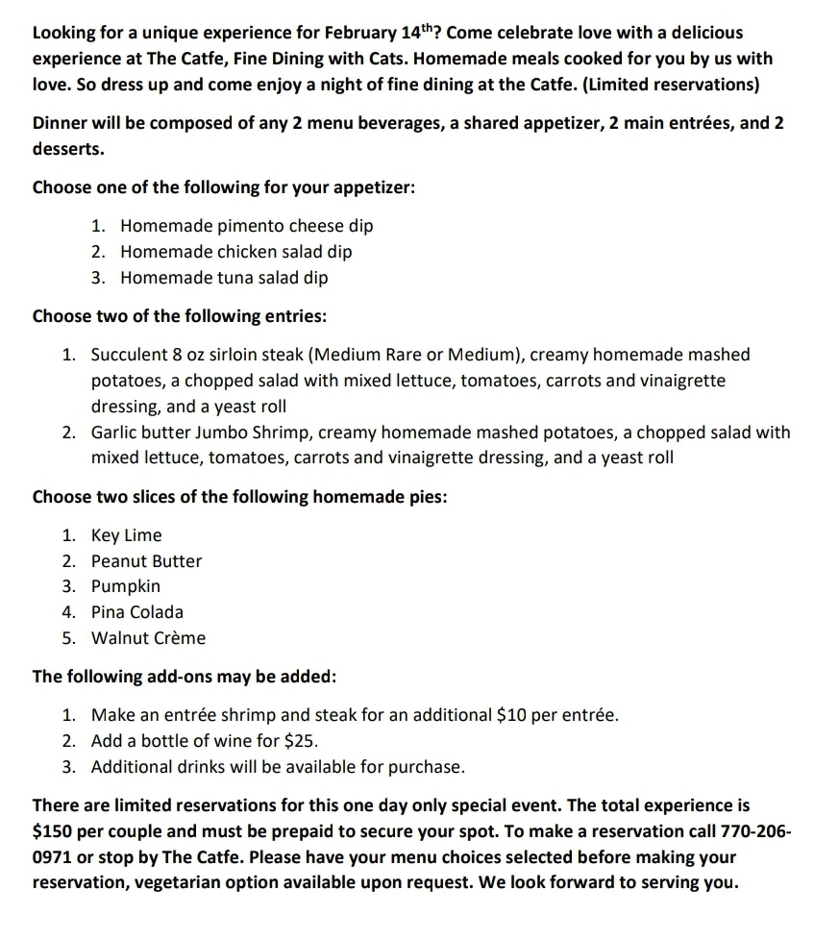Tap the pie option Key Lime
tap(126, 535)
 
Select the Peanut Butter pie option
tap(146, 561)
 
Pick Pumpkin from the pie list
tap(126, 586)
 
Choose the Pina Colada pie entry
tap(136, 612)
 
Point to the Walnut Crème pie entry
tap(148, 638)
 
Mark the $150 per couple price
tap(53, 830)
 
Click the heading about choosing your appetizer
tap(224, 187)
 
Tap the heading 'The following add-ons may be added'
tap(185, 677)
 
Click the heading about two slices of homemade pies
tap(239, 497)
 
